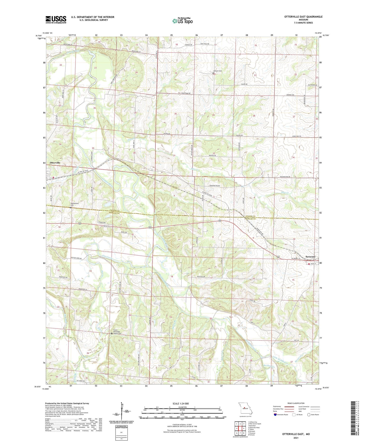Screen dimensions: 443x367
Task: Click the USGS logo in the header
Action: [56, 20]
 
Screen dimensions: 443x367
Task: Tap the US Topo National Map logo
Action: [182, 21]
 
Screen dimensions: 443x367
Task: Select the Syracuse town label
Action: [310, 257]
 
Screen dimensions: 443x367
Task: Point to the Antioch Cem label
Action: [217, 71]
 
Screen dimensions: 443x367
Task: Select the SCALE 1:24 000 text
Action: [181, 403]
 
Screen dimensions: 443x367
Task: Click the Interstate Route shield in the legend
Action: [276, 415]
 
